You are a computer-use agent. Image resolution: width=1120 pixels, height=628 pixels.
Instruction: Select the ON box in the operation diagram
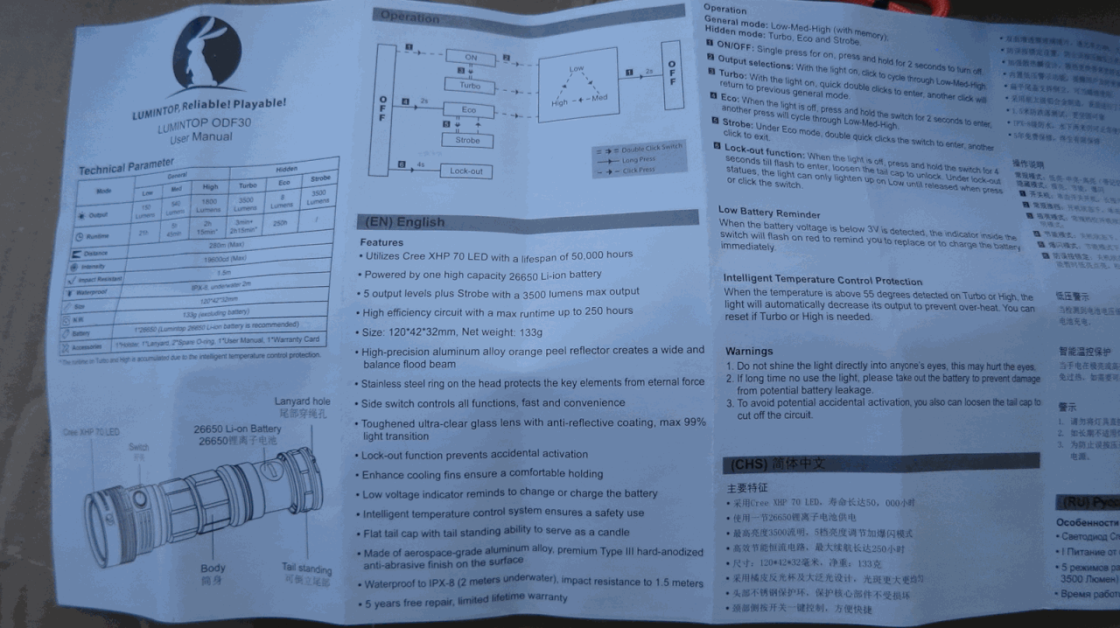click(471, 58)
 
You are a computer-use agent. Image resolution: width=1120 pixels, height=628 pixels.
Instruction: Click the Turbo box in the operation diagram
click(470, 85)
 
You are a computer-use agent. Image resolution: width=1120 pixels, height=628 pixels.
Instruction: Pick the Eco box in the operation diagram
click(469, 110)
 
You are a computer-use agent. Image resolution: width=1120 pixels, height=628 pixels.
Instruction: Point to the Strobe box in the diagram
click(467, 140)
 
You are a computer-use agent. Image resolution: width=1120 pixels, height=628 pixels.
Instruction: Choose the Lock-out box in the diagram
click(465, 171)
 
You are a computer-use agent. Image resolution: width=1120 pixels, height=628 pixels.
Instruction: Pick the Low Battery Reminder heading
click(769, 212)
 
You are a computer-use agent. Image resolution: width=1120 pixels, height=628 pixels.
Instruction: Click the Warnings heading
click(749, 351)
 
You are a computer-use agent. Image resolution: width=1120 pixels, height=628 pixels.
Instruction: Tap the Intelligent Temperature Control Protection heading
click(822, 280)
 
